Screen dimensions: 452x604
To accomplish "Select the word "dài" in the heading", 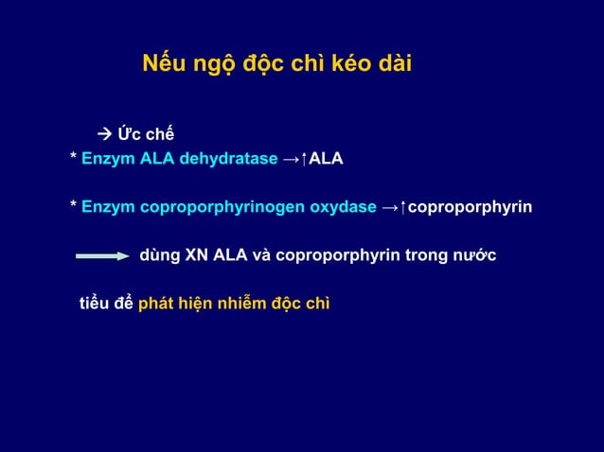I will click(x=390, y=66).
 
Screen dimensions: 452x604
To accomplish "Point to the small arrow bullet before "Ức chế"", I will click(x=105, y=131).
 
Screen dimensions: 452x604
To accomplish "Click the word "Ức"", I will click(x=129, y=131).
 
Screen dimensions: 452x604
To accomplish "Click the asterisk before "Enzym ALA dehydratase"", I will click(x=74, y=158).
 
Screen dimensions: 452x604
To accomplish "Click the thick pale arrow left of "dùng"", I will click(x=102, y=255).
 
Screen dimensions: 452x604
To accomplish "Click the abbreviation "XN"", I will click(x=198, y=255).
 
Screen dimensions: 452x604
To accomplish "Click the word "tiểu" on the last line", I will click(x=96, y=304).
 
